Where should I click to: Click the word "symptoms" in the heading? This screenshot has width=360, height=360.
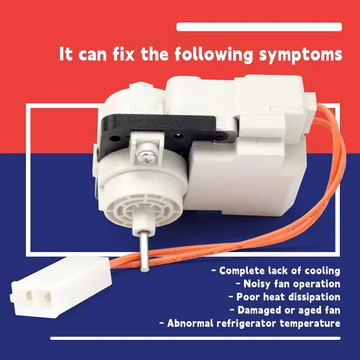[x=300, y=55]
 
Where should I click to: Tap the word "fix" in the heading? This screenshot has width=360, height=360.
[x=123, y=53]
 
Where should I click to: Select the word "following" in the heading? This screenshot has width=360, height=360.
[x=214, y=55]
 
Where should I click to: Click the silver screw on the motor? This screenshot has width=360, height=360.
[x=145, y=156]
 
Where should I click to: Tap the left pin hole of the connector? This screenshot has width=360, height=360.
[x=29, y=295]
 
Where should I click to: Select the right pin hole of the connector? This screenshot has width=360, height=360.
[x=48, y=297]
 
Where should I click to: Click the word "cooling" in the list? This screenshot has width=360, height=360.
[x=323, y=271]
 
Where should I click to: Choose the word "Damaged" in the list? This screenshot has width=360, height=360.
[x=259, y=310]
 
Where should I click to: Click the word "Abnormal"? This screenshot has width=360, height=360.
[x=191, y=323]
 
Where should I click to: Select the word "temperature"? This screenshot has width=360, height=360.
[x=310, y=324]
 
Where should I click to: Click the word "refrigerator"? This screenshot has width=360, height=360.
[x=246, y=324]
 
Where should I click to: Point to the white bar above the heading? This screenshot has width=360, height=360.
[x=259, y=27]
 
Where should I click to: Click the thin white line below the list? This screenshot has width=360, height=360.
[x=195, y=338]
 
